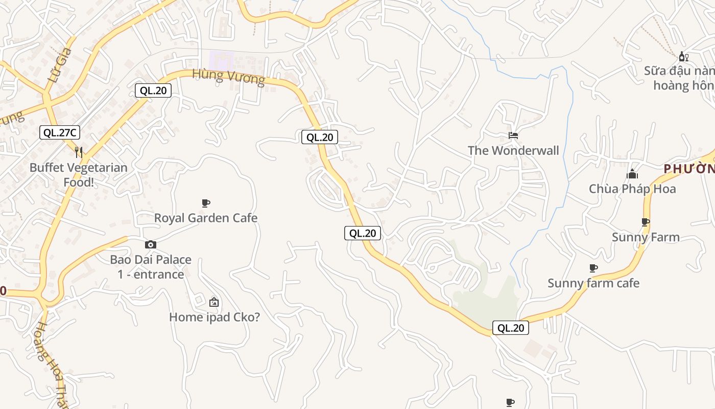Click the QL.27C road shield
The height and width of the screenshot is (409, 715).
60,132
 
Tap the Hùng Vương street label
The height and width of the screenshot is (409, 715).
228,77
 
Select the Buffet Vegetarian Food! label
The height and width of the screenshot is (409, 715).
78,174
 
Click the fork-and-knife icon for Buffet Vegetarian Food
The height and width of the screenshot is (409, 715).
79,152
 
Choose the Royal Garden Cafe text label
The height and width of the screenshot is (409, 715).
206,218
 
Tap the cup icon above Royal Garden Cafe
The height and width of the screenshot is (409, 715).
206,203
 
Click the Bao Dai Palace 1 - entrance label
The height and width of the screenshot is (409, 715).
151,266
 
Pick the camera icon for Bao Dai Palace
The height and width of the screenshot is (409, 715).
151,244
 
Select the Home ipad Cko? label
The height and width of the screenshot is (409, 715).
214,317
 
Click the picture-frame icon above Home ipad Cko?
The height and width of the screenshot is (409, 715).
214,302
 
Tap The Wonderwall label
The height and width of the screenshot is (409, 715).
513,150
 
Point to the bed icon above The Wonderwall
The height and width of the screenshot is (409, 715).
513,135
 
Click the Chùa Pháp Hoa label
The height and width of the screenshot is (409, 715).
632,189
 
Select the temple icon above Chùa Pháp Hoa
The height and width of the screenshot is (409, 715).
632,174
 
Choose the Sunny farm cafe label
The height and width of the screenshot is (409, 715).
593,283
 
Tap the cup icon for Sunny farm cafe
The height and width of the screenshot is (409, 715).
593,268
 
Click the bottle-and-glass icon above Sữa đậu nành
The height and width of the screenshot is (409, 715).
683,56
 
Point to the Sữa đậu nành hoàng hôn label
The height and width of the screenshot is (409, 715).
679,78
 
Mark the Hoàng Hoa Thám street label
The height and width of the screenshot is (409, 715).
52,363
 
